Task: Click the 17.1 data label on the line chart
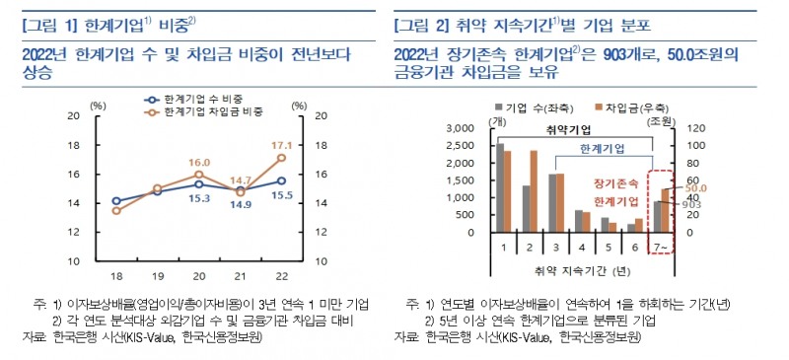(281, 145)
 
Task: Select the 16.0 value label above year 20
(200, 163)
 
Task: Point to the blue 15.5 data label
(282, 197)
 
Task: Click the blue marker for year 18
(116, 201)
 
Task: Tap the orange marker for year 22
(282, 158)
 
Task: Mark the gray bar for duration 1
(500, 187)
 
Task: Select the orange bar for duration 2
(534, 191)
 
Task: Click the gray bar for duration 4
(579, 221)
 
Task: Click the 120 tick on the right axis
(693, 128)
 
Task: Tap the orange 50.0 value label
(696, 187)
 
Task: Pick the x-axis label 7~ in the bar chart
(660, 247)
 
